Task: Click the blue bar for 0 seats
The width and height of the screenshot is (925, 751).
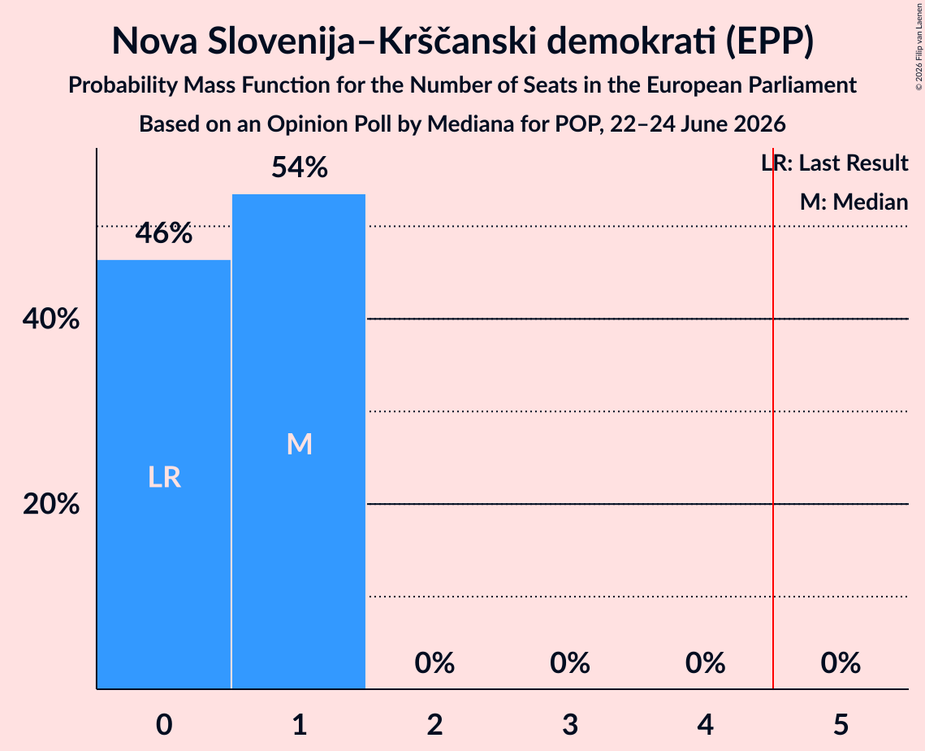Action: point(163,474)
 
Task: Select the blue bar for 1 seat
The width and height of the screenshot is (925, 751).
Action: point(299,441)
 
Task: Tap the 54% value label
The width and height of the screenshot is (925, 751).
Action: point(299,167)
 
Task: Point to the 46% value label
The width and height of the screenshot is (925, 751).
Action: point(163,233)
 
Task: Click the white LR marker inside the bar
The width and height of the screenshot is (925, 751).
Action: point(164,477)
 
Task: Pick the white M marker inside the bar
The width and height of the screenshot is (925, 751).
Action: point(299,444)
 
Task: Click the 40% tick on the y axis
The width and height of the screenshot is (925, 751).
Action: point(50,319)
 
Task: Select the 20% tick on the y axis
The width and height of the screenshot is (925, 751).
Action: point(50,504)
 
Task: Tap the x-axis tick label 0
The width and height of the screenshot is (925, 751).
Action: point(164,724)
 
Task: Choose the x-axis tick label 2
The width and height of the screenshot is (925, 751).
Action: point(434,724)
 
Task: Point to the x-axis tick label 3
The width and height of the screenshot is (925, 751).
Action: point(570,724)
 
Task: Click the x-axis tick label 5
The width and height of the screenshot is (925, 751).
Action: point(841,724)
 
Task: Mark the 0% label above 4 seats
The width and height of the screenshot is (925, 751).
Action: point(705,663)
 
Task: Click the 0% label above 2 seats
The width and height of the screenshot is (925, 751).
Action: point(434,663)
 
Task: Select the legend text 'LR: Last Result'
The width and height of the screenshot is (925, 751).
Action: point(835,163)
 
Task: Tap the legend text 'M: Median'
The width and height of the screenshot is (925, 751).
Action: point(854,202)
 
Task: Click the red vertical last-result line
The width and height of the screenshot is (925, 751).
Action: point(773,418)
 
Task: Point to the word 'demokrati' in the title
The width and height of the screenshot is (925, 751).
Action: point(631,41)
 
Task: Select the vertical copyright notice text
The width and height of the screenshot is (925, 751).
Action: point(919,46)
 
